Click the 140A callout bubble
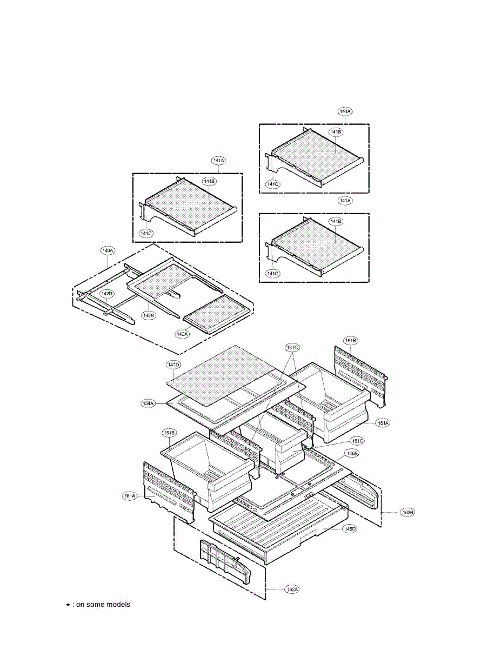click(108, 250)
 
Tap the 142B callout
click(148, 314)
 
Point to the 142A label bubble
click(182, 334)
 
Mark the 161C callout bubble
click(292, 347)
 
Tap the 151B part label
click(169, 432)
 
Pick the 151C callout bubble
click(356, 441)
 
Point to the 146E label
click(351, 454)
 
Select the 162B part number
click(408, 511)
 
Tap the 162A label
click(292, 589)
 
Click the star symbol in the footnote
click(68, 605)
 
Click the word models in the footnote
click(118, 605)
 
